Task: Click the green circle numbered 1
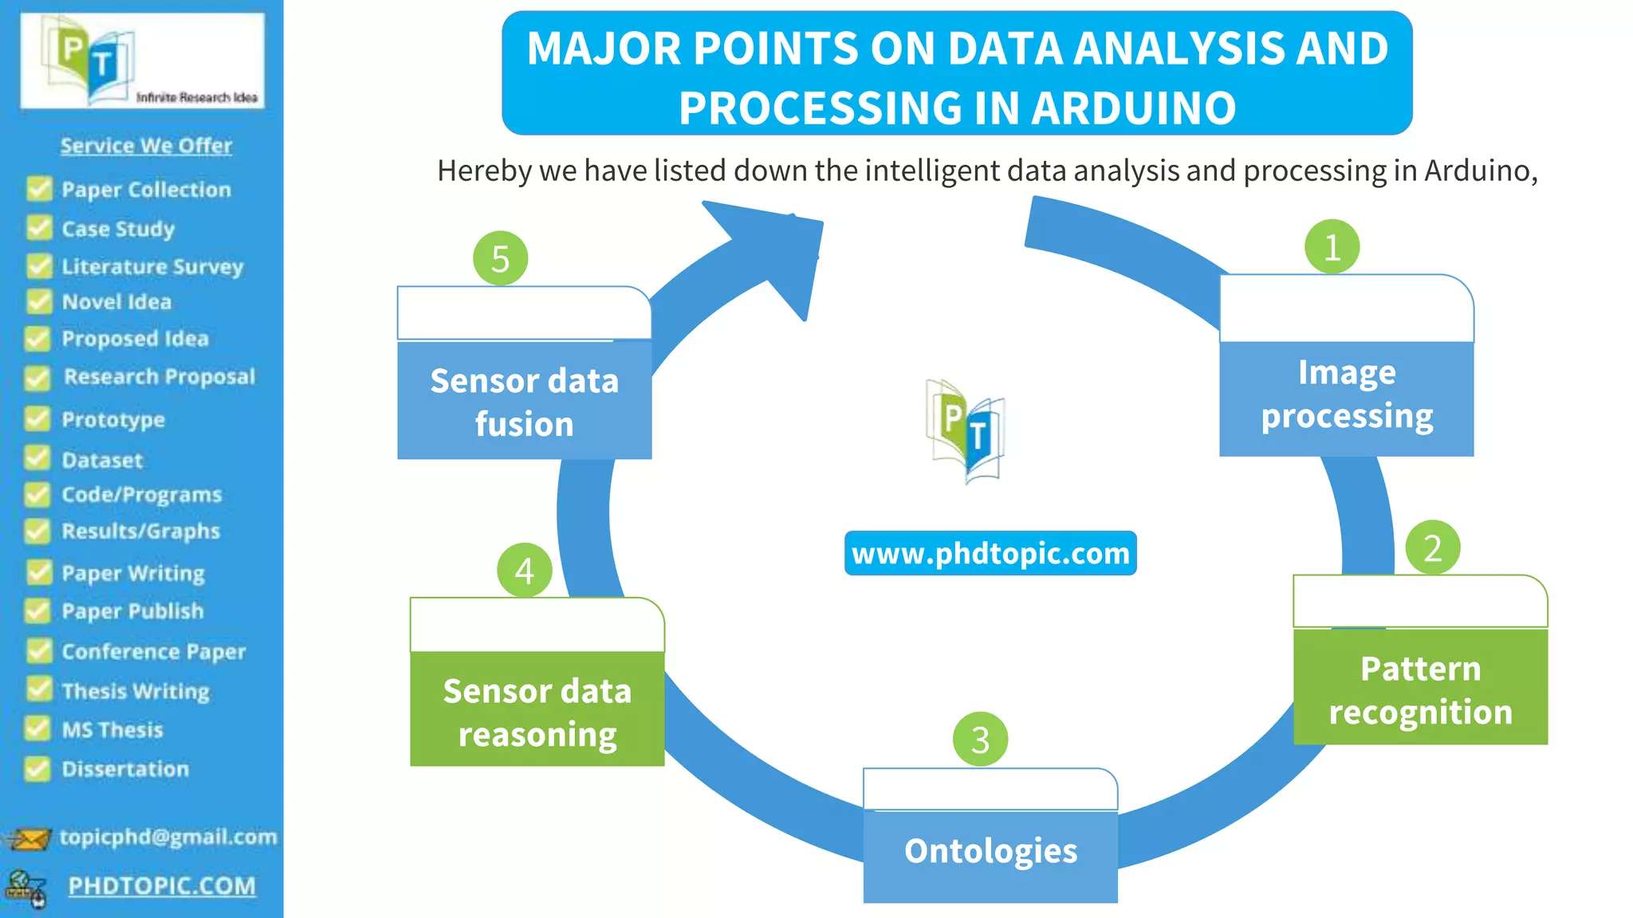[1332, 247]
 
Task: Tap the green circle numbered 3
[980, 739]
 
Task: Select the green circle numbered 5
[500, 258]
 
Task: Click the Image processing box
[1346, 395]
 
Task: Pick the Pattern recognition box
[1420, 689]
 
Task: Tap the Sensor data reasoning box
[537, 712]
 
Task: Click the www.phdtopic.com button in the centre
[990, 553]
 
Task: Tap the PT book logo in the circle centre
[966, 431]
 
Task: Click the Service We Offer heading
[146, 146]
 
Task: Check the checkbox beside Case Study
[38, 228]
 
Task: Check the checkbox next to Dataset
[37, 458]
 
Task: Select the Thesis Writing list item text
[136, 691]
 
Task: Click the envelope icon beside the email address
[29, 839]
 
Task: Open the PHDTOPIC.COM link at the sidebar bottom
[162, 886]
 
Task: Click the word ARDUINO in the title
[1133, 108]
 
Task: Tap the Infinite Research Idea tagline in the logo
[196, 97]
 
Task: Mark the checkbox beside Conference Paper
[38, 650]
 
